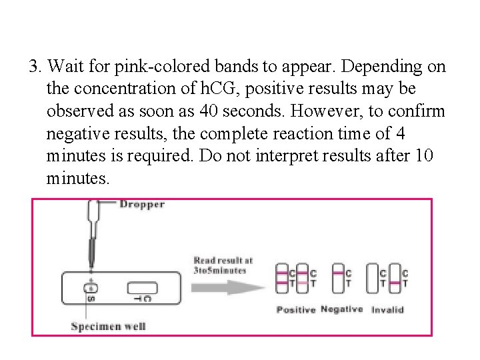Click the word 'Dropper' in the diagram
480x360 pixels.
pyautogui.click(x=142, y=205)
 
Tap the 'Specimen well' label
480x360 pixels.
pyautogui.click(x=109, y=326)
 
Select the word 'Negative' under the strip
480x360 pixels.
pyautogui.click(x=341, y=309)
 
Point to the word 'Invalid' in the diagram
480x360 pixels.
pyautogui.click(x=387, y=310)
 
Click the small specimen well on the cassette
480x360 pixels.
pyautogui.click(x=92, y=288)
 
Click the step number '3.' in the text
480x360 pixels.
pyautogui.click(x=36, y=67)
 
